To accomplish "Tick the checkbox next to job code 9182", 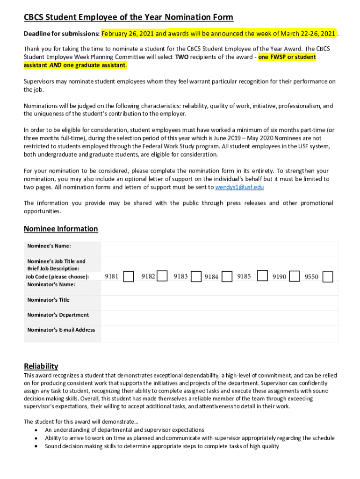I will (x=162, y=276).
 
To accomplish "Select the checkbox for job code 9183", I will (x=197, y=276).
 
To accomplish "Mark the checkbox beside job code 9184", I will (x=227, y=276).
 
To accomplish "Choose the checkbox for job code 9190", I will (x=295, y=276).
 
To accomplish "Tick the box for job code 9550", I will (x=328, y=277).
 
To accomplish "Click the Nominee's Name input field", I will (x=219, y=249).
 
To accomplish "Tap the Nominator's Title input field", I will (x=219, y=303).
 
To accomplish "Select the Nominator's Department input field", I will (x=219, y=318).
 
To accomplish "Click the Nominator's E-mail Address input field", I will (x=219, y=334).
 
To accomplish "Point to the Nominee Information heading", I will (x=61, y=229).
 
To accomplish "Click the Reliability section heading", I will (x=41, y=366).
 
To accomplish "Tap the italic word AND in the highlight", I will (x=56, y=65).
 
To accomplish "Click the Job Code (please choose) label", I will (x=58, y=276).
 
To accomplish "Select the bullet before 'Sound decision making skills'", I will (x=36, y=446).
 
